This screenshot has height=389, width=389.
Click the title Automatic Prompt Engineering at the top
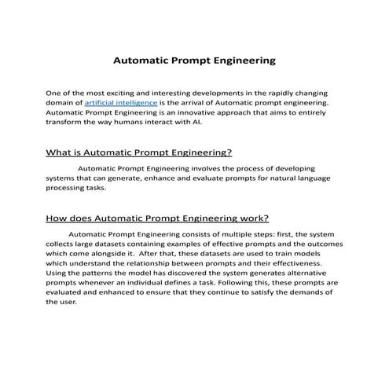[x=194, y=59]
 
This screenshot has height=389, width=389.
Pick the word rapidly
[x=287, y=92]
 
